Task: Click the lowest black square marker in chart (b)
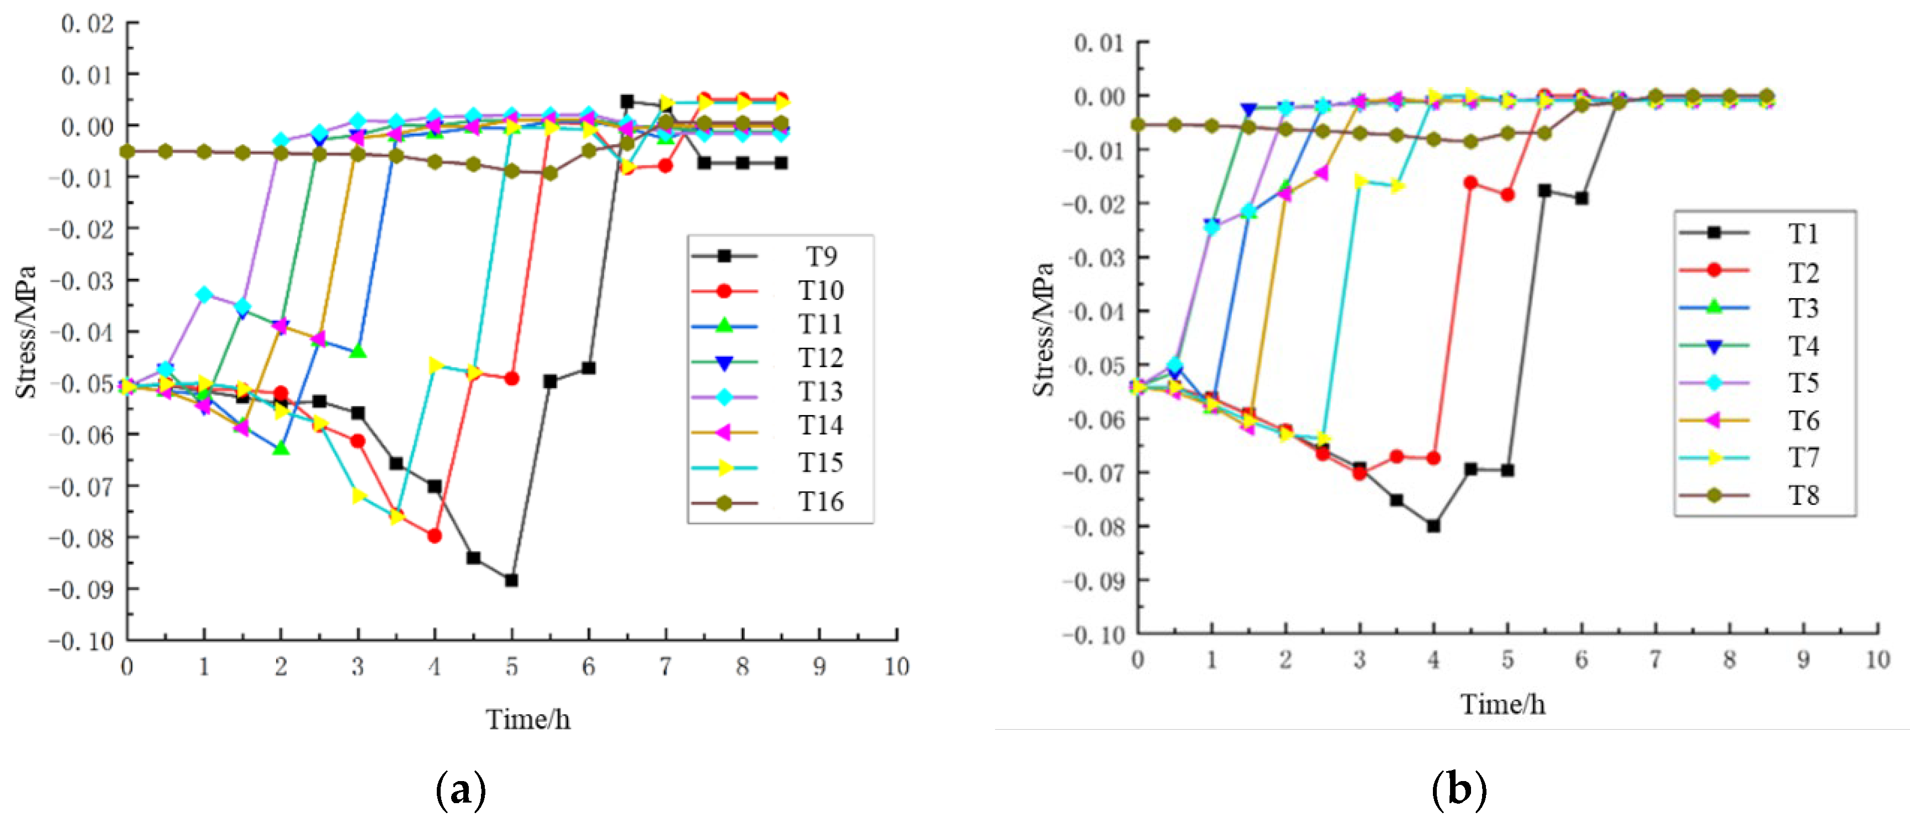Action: pos(1433,525)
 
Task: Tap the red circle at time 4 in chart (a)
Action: pos(435,535)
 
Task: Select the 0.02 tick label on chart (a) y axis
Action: pos(87,24)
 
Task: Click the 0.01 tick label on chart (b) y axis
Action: pos(1099,43)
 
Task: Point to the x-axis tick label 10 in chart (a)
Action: pos(896,667)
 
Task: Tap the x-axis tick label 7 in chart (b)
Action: pos(1655,659)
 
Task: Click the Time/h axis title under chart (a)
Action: pos(528,719)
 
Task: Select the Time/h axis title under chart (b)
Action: pos(1503,704)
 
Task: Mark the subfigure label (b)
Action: pos(1458,789)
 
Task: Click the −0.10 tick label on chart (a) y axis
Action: pos(82,641)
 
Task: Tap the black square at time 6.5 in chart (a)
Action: pos(627,102)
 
